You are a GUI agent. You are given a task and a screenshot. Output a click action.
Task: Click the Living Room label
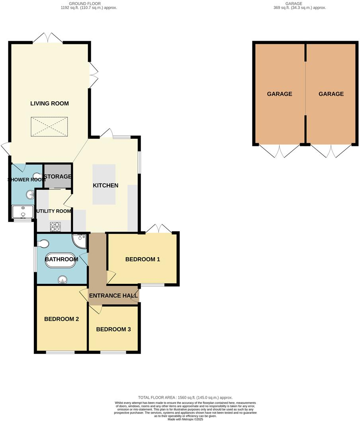49,103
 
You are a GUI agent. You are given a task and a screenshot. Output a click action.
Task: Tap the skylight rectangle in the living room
49,127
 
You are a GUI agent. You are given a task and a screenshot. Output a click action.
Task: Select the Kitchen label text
106,185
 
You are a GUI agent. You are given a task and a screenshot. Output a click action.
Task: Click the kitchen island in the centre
104,184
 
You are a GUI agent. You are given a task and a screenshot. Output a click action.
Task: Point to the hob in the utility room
55,226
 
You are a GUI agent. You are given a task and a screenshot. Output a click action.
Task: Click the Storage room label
58,176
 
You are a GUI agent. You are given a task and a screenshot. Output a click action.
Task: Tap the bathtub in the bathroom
61,260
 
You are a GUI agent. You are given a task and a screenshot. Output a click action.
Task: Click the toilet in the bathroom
42,243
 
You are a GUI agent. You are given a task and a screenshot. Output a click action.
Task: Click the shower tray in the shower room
23,212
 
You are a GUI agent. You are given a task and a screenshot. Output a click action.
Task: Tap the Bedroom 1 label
143,259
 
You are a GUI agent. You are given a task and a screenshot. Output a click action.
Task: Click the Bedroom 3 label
113,329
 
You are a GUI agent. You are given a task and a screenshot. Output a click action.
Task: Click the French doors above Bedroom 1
158,229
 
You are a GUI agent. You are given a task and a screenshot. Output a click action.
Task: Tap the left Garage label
280,94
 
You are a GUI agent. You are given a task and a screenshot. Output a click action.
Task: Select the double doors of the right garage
331,150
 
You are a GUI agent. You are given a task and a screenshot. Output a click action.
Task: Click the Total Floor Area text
185,397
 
